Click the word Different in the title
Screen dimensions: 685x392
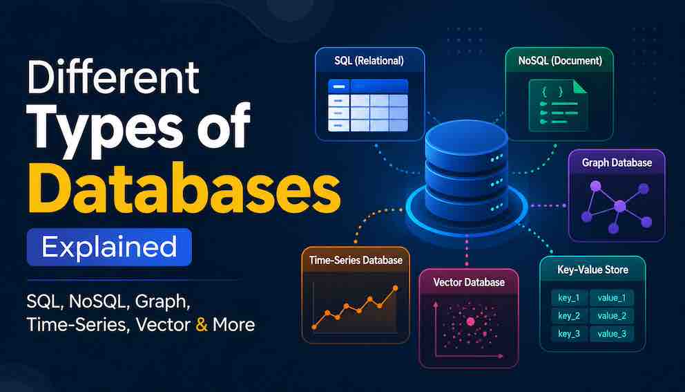(x=113, y=78)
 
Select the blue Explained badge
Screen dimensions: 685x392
(x=109, y=248)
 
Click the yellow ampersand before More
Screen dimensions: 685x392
(x=202, y=325)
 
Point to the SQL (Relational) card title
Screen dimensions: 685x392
(x=369, y=60)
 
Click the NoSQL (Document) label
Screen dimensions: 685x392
(x=560, y=60)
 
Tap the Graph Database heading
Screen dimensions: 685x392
(x=617, y=162)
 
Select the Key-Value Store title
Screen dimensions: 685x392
(x=593, y=270)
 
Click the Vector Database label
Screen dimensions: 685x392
(x=469, y=282)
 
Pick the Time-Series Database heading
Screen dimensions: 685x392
(x=356, y=260)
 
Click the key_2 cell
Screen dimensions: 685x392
(x=569, y=316)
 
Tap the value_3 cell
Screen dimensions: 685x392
(x=612, y=334)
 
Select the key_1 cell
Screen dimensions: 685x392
(x=569, y=298)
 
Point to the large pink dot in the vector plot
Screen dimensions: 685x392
(x=470, y=321)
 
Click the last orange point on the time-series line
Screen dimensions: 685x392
(x=396, y=288)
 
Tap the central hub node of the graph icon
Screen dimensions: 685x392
(x=619, y=205)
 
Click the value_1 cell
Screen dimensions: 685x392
(x=612, y=298)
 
